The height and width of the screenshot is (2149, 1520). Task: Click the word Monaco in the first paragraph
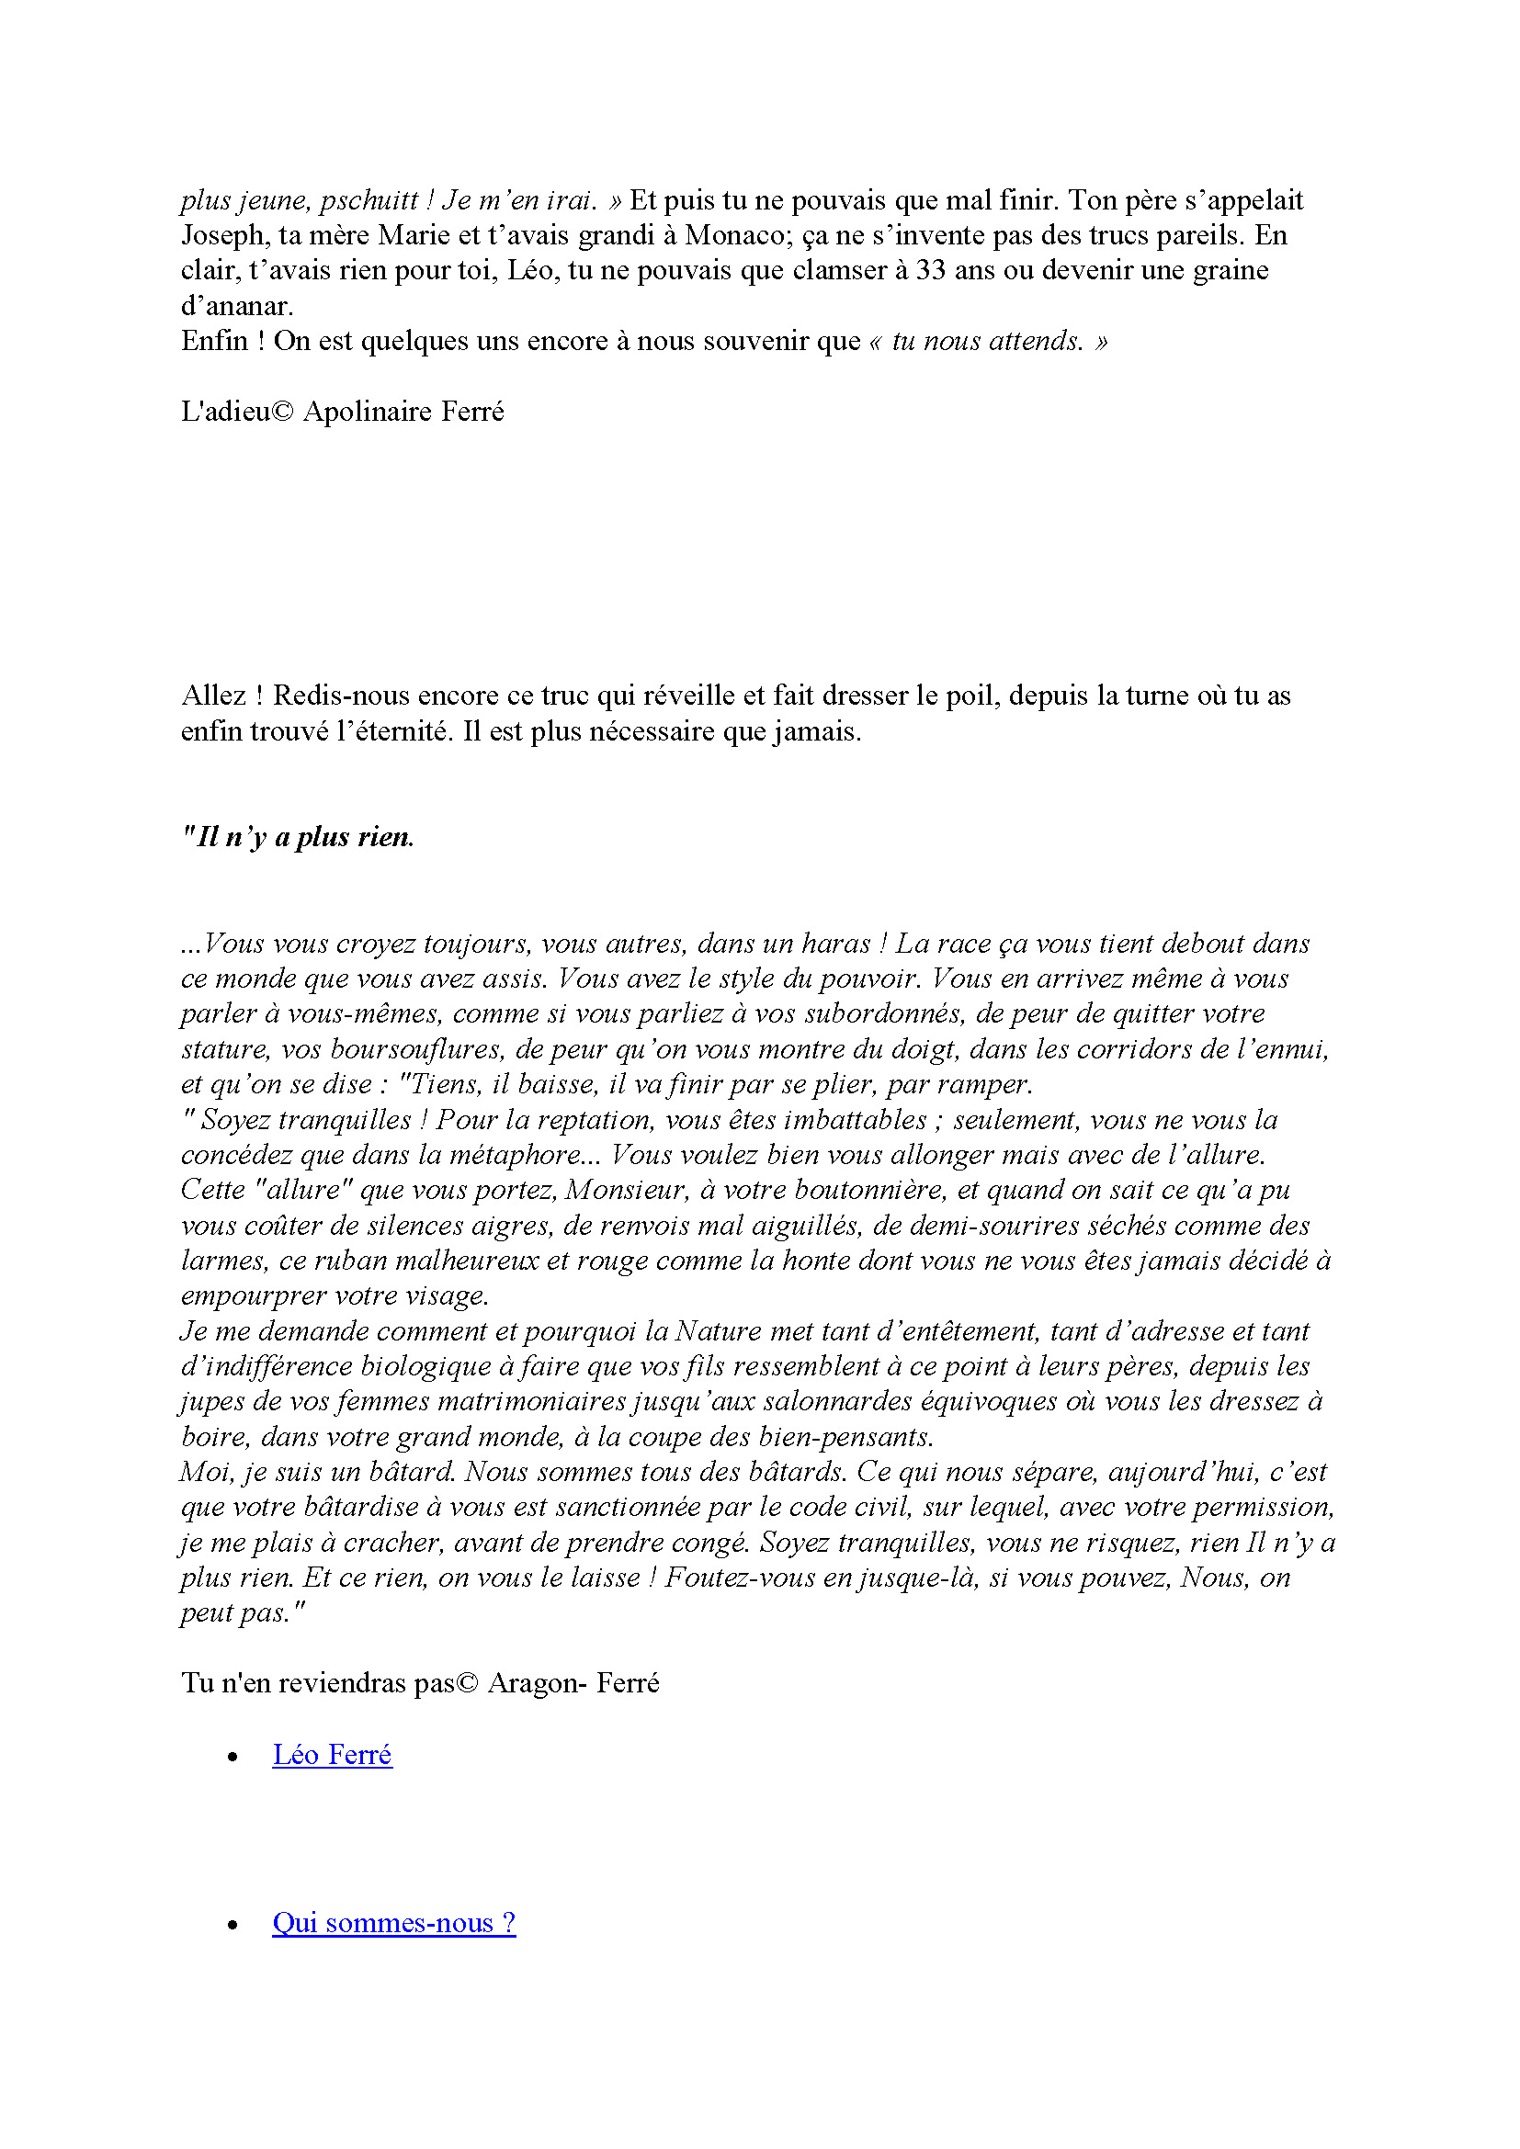click(x=738, y=235)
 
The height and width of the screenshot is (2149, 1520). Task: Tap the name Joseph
click(x=223, y=235)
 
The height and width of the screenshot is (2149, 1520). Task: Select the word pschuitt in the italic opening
click(x=369, y=200)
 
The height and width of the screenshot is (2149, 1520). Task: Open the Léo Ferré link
click(x=333, y=1754)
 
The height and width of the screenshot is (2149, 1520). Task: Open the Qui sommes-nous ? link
click(x=394, y=1922)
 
